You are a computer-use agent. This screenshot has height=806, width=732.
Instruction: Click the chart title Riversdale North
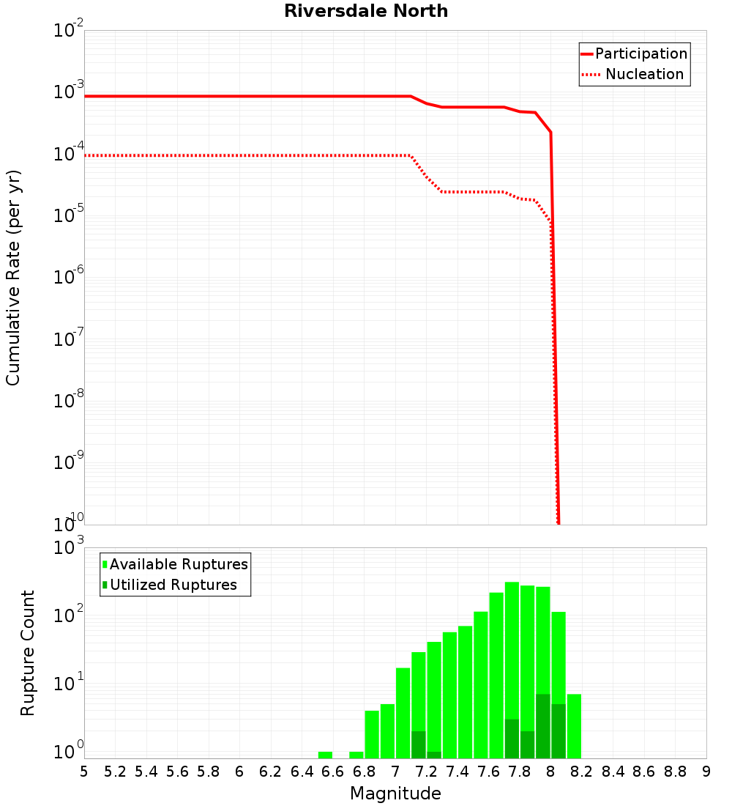[x=366, y=11]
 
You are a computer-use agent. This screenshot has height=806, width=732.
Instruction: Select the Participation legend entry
[x=640, y=53]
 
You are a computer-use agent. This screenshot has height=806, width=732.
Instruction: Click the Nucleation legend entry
[x=643, y=75]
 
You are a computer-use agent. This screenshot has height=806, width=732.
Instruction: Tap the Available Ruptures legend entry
[x=178, y=564]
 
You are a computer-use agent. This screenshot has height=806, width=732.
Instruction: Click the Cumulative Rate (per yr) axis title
[x=13, y=278]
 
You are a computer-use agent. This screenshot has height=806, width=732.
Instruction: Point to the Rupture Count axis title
[x=28, y=652]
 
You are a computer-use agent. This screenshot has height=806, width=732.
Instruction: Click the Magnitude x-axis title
[x=395, y=794]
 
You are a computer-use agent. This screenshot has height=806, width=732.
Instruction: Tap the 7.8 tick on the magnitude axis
[x=520, y=772]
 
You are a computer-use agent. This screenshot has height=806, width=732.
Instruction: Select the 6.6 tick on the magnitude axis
[x=333, y=772]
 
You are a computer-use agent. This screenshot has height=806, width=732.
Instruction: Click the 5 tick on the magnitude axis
[x=84, y=772]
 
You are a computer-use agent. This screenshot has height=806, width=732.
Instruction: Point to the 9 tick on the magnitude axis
[x=706, y=772]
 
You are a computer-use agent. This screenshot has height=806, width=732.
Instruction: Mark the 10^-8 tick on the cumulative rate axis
[x=67, y=401]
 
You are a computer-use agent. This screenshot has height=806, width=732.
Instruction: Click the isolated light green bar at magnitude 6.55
[x=325, y=755]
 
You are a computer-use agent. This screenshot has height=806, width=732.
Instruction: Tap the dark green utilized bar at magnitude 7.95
[x=542, y=726]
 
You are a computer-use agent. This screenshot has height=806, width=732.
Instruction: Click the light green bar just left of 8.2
[x=574, y=726]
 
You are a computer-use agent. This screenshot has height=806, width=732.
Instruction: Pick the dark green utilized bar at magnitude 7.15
[x=418, y=744]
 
